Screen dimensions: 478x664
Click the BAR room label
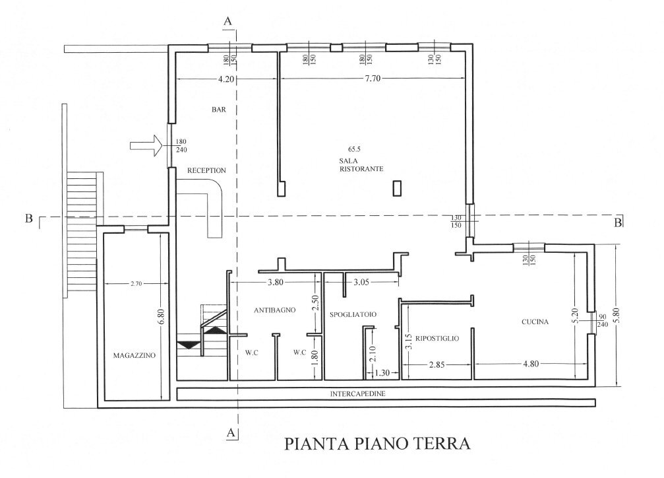[x=219, y=110]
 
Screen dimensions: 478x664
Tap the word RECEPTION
[x=206, y=170]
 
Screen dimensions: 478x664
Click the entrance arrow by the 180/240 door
[x=147, y=145]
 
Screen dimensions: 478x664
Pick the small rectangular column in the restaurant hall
[x=397, y=188]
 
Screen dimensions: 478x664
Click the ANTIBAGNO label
[x=273, y=310]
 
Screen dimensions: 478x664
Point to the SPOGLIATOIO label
[x=353, y=315]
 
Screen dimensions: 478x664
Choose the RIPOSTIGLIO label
[x=438, y=338]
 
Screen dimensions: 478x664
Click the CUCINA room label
[x=535, y=322]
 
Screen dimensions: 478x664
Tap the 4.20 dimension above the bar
[x=226, y=79]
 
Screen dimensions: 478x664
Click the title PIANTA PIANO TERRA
[x=378, y=443]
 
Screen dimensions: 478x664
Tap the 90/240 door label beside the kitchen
[x=603, y=320]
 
